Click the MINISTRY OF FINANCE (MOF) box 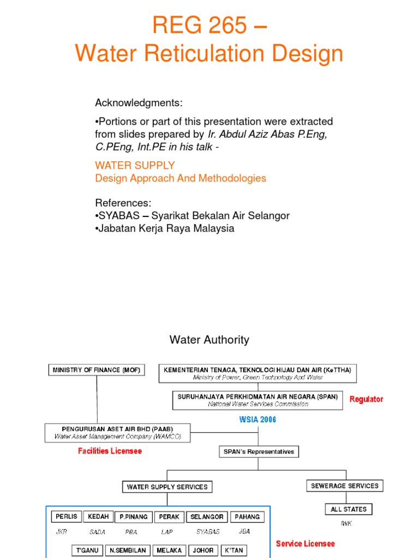[x=97, y=370]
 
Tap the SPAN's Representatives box [x=258, y=451]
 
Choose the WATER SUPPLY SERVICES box [x=167, y=487]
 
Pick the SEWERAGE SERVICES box [x=344, y=486]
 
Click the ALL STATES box [x=348, y=509]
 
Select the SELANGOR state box [x=207, y=517]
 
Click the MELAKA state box [x=169, y=550]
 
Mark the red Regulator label [x=366, y=399]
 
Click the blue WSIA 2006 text [x=258, y=420]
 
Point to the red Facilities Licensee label [x=110, y=451]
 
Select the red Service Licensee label [x=305, y=543]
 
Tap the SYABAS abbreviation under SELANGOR [x=208, y=531]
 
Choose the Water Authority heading [x=209, y=339]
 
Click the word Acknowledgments [x=139, y=103]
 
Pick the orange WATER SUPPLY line [x=135, y=165]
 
